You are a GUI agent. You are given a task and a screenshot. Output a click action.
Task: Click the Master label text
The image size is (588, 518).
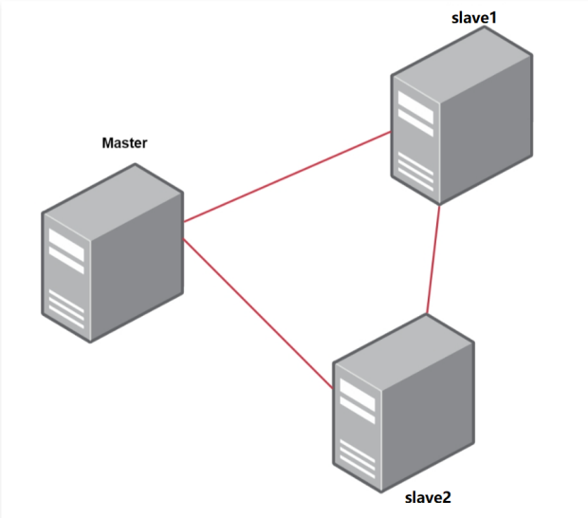click(x=124, y=143)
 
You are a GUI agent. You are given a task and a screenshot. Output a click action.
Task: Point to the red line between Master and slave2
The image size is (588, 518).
click(x=256, y=312)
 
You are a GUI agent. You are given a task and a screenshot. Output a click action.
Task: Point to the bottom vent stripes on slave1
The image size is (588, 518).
click(x=415, y=172)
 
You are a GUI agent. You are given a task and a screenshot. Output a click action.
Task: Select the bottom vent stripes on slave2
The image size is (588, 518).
click(x=356, y=459)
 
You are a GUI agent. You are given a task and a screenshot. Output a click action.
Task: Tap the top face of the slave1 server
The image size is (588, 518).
click(x=461, y=52)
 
